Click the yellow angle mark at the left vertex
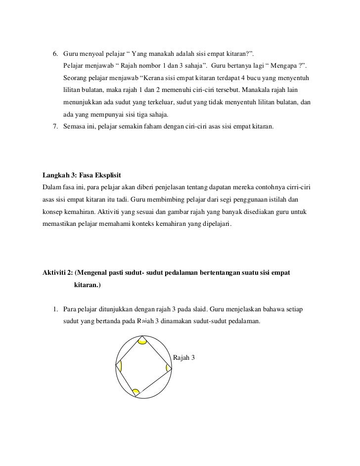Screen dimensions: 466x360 (119, 367)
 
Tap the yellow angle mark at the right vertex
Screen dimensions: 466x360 (169, 368)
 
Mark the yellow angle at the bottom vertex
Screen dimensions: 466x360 (136, 392)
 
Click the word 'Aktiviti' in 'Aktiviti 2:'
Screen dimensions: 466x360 (56, 273)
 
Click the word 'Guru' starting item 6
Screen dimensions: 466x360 (71, 53)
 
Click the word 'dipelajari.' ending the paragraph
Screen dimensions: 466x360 (214, 225)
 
